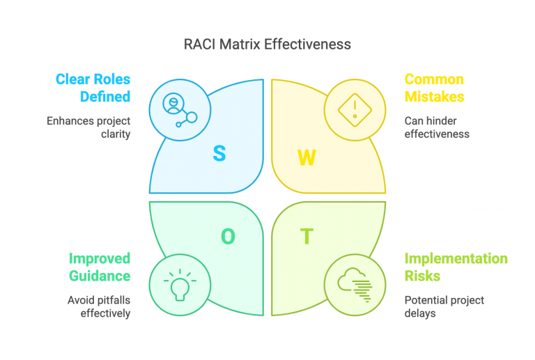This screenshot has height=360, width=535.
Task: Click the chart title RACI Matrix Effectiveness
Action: [x=267, y=44]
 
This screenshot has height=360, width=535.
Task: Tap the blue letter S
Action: [x=219, y=154]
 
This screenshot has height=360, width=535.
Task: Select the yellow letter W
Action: [x=307, y=158]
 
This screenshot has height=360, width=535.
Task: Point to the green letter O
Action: [x=228, y=237]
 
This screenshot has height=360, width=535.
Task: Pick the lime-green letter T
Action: [x=307, y=237]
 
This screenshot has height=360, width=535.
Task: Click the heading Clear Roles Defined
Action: [x=93, y=88]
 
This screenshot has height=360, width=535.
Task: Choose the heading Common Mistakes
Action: [x=434, y=88]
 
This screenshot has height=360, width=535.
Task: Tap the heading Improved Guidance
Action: [x=99, y=267]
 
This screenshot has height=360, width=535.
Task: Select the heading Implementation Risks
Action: [x=456, y=267]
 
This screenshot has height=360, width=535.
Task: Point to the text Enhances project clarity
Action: [x=88, y=127]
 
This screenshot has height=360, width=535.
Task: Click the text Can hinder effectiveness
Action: [x=437, y=127]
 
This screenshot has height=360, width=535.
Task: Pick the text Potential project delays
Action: [x=444, y=307]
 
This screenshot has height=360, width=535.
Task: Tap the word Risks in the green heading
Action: [x=423, y=276]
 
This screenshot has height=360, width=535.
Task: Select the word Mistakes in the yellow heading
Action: [x=435, y=97]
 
